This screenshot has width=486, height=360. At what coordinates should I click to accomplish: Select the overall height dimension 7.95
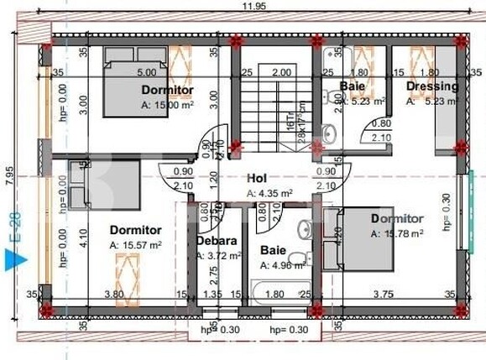coord(8,175)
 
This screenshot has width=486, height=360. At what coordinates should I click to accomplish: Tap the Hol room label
coord(257,179)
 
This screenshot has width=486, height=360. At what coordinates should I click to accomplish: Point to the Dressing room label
coord(432,86)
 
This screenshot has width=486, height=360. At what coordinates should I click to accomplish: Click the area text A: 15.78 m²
coord(397,232)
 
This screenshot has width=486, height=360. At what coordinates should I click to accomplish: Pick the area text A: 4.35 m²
coord(270,193)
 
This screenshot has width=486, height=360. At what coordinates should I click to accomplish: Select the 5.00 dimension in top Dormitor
coord(147,72)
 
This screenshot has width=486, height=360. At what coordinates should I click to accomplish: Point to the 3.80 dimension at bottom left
coord(114,294)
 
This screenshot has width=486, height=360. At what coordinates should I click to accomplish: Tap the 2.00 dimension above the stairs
coord(281,72)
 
